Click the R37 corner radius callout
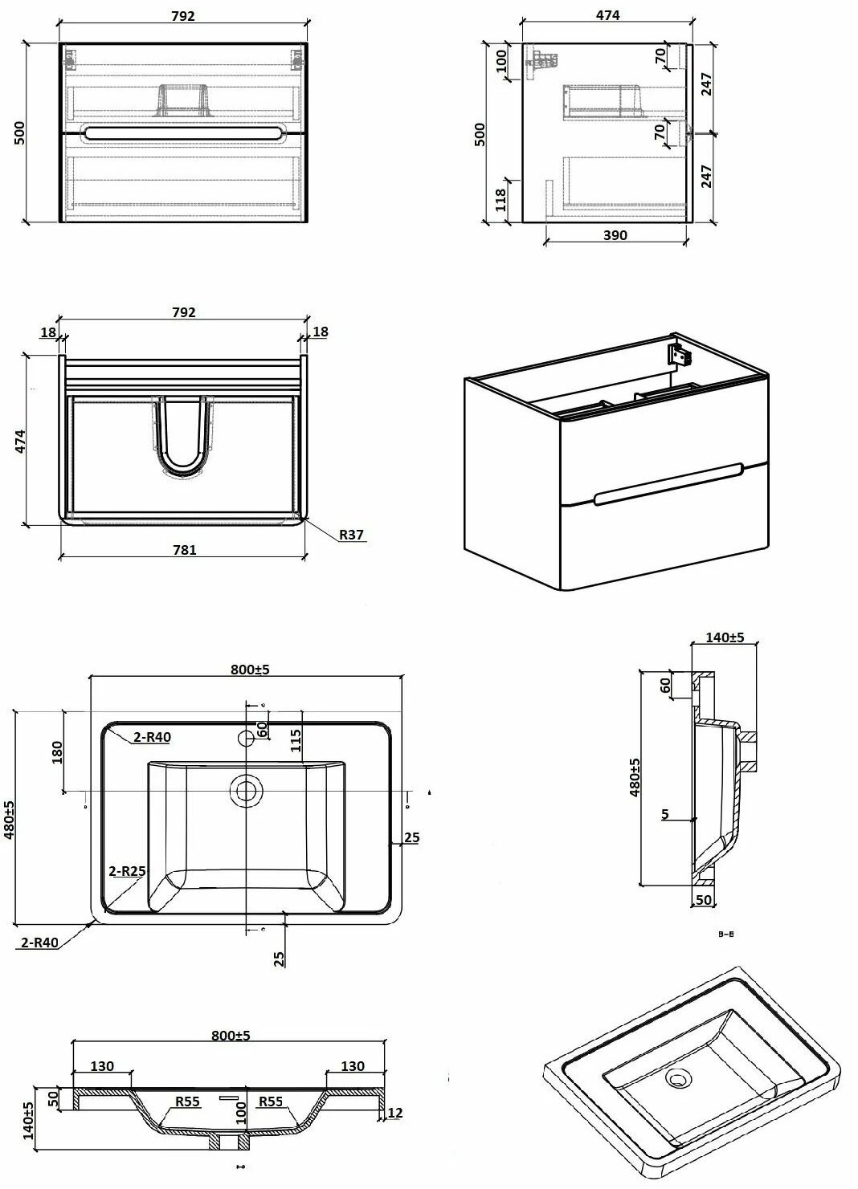[x=352, y=535]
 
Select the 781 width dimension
[x=184, y=550]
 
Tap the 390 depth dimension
[x=615, y=235]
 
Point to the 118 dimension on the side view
[x=500, y=200]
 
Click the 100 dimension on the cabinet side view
[x=500, y=62]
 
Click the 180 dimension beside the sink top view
[x=57, y=752]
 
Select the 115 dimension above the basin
[x=296, y=740]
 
